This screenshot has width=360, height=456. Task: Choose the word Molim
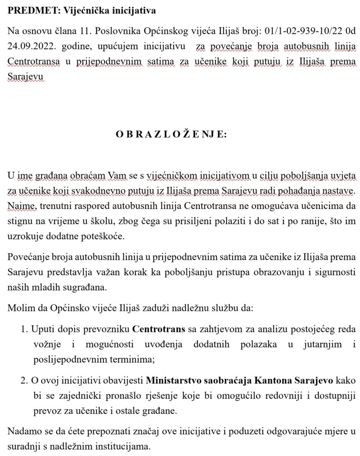(19, 307)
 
